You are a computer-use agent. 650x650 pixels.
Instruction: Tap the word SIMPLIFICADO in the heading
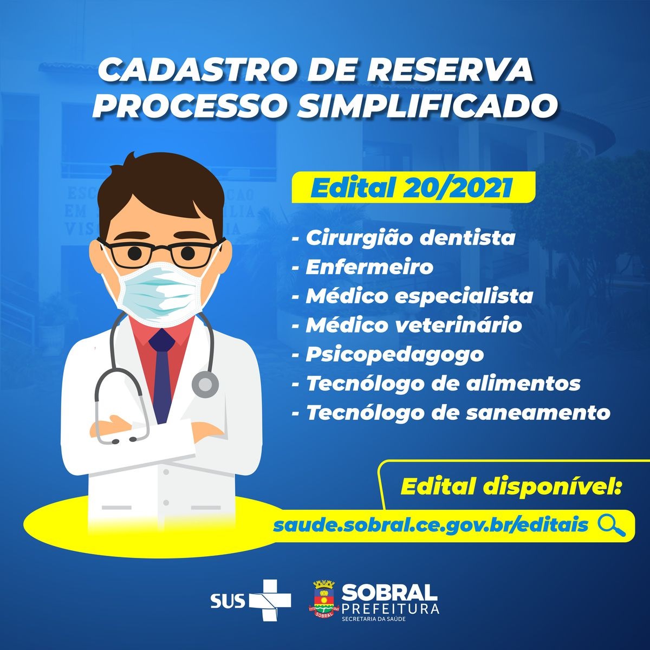pyautogui.click(x=428, y=106)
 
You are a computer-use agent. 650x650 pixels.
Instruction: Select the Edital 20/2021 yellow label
pyautogui.click(x=413, y=187)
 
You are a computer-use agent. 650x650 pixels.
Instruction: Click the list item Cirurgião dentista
pyautogui.click(x=404, y=238)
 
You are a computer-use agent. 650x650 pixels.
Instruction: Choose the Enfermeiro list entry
pyautogui.click(x=362, y=267)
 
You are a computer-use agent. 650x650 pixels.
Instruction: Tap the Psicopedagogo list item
pyautogui.click(x=388, y=355)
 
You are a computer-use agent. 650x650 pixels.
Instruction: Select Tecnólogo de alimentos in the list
pyautogui.click(x=436, y=383)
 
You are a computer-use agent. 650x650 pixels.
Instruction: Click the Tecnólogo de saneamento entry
pyautogui.click(x=451, y=413)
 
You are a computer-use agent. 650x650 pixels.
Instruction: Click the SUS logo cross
pyautogui.click(x=270, y=600)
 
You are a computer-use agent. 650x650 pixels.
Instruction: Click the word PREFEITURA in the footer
pyautogui.click(x=390, y=609)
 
